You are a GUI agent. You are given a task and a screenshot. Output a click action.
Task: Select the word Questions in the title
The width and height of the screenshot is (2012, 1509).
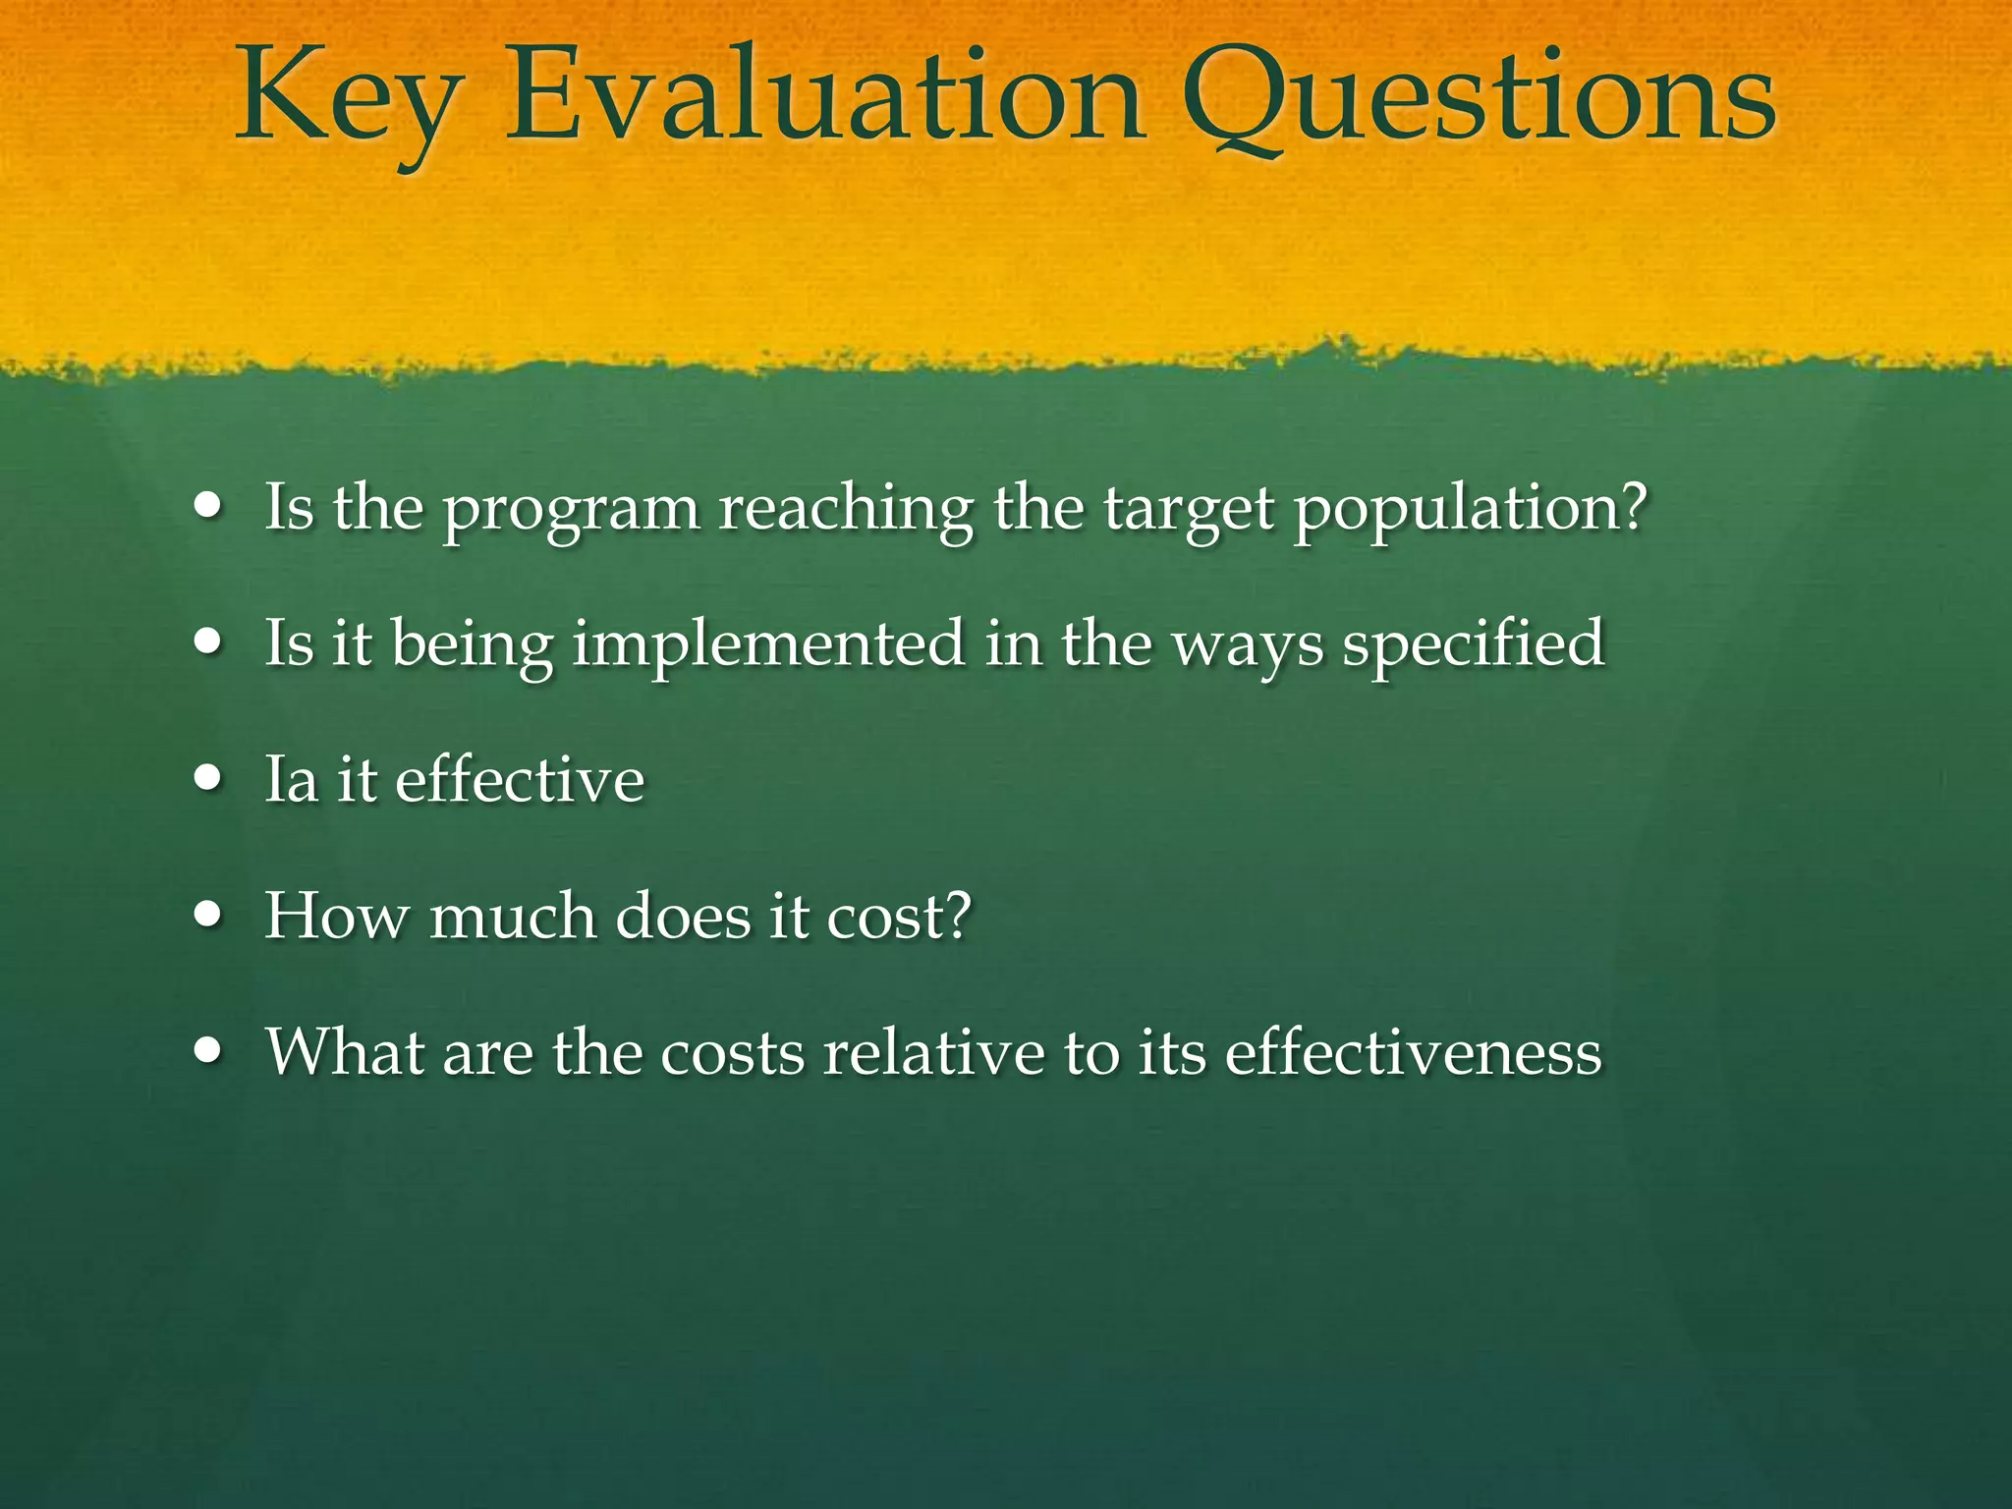[1479, 98]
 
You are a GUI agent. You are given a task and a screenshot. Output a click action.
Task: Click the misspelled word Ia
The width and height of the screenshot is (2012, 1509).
[292, 780]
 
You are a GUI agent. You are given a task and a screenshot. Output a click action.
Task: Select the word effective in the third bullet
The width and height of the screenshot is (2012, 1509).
[520, 780]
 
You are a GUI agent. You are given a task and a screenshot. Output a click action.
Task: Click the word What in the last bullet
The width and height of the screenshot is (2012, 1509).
[344, 1052]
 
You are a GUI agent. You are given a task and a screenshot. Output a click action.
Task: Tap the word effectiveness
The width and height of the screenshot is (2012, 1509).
[1413, 1052]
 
